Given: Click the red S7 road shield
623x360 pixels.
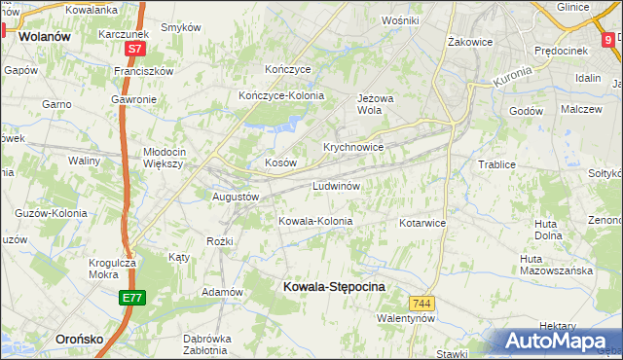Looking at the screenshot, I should [x=137, y=48].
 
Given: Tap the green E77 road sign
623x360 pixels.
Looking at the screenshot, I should [x=133, y=299].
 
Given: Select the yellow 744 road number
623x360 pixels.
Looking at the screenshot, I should [x=421, y=304].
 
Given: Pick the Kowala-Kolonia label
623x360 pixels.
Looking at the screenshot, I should [x=315, y=221].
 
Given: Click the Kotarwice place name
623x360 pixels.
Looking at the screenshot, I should [x=421, y=223].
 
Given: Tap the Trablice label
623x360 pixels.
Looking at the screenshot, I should [x=495, y=164].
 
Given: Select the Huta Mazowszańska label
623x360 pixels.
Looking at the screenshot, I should [x=556, y=265].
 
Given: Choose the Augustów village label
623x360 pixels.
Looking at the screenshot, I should [x=235, y=196].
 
